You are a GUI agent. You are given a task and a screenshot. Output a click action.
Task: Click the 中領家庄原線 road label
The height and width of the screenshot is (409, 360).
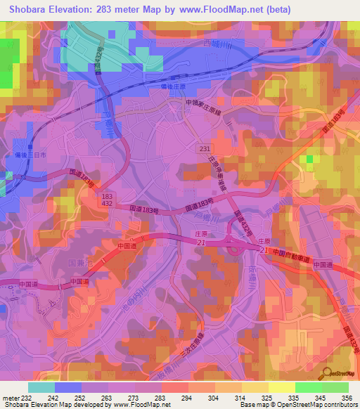204,102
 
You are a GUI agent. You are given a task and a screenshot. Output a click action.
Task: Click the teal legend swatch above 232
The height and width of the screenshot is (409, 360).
41,387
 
